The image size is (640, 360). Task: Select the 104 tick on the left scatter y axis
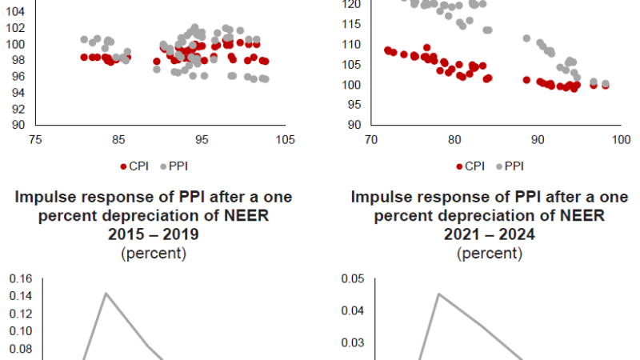pos(18,12)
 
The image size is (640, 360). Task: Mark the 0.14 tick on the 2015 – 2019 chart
pos(21,296)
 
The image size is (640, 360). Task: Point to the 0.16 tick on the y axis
pos(21,278)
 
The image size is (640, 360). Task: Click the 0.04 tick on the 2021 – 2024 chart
pos(352,311)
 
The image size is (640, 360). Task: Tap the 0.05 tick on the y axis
pos(352,278)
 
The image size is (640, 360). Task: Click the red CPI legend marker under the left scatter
pos(123,166)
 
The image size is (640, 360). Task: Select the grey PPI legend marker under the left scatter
pos(163,166)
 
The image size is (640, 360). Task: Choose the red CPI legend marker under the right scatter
pos(459,166)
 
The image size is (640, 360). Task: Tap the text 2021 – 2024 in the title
pos(490,235)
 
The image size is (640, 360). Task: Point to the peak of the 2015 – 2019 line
pos(106,293)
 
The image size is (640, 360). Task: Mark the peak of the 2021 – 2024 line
pos(438,294)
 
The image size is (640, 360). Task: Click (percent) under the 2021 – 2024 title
pos(490,254)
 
